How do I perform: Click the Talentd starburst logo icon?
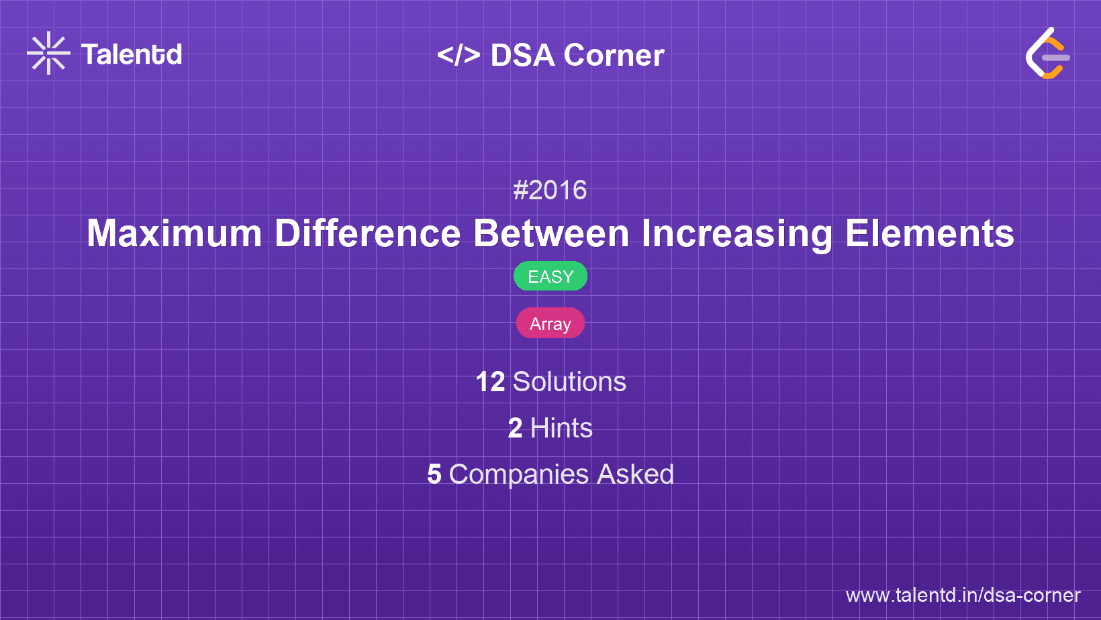click(x=48, y=53)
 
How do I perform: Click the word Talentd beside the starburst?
click(x=132, y=54)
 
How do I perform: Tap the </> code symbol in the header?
click(x=459, y=54)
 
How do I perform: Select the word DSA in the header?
click(x=522, y=55)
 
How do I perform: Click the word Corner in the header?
click(x=614, y=55)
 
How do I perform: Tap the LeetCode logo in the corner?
click(x=1048, y=54)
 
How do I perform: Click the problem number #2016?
click(x=550, y=191)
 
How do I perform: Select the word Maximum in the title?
click(x=174, y=234)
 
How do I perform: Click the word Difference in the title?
click(x=367, y=234)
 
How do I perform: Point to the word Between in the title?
click(x=550, y=234)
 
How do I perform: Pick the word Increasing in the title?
click(x=736, y=234)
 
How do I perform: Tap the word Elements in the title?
click(x=929, y=234)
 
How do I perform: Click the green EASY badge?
click(x=550, y=276)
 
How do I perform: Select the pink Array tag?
click(x=550, y=323)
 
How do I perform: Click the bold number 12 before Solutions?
click(x=490, y=382)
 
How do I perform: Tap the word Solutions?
click(x=569, y=382)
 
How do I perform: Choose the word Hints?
click(x=561, y=428)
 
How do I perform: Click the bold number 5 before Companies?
click(x=434, y=474)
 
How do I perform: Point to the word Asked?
click(x=635, y=474)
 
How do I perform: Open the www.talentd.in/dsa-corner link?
click(x=963, y=595)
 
